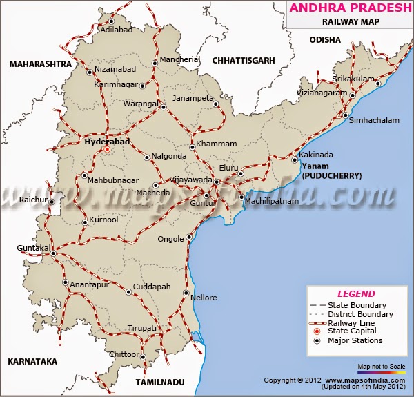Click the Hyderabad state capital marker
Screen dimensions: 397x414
pyautogui.click(x=107, y=148)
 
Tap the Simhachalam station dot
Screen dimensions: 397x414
pyautogui.click(x=346, y=115)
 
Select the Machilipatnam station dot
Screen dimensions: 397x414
pyautogui.click(x=241, y=197)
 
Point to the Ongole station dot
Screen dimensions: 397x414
pyautogui.click(x=190, y=238)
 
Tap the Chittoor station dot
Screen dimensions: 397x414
pyautogui.click(x=143, y=358)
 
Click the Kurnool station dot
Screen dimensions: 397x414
pyautogui.click(x=85, y=222)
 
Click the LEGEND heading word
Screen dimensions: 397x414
pyautogui.click(x=356, y=293)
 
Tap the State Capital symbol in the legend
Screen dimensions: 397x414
pyautogui.click(x=317, y=332)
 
